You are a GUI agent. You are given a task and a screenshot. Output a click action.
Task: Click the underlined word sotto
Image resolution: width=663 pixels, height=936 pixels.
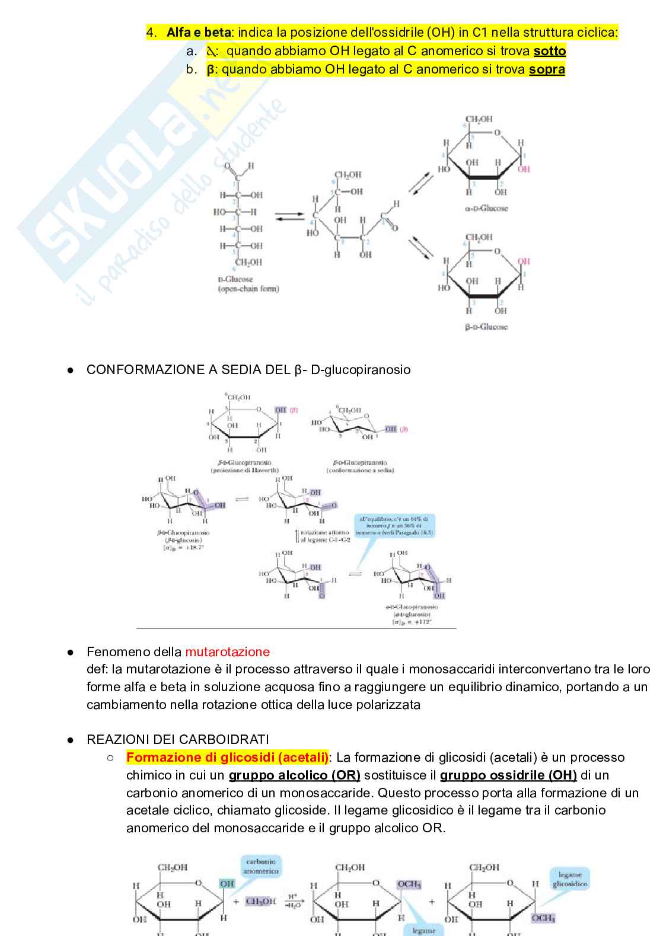point(550,51)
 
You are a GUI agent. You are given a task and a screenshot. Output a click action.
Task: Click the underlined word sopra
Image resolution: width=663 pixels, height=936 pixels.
point(547,69)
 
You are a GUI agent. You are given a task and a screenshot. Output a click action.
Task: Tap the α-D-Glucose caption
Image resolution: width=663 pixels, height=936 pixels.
point(486,209)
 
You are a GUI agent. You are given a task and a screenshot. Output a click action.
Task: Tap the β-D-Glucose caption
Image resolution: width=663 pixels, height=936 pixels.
point(486,327)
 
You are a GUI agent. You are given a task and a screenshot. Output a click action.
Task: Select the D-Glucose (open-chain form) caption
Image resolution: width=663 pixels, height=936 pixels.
point(246,284)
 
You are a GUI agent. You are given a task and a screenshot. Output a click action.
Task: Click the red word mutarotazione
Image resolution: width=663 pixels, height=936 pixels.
point(227,651)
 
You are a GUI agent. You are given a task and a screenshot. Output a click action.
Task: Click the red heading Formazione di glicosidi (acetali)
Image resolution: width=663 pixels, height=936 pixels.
point(227,757)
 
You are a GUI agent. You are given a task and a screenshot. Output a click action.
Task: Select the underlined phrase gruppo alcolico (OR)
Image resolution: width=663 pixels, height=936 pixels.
point(294,775)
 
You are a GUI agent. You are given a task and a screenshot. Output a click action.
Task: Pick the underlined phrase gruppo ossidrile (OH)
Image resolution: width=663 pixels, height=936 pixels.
point(508,775)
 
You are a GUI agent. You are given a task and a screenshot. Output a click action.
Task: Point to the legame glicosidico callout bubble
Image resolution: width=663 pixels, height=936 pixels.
point(570,879)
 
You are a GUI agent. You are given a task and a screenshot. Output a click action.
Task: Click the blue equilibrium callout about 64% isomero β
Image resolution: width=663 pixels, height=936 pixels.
point(394,525)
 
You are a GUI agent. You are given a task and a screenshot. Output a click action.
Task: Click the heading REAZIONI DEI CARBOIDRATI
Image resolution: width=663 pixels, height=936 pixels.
point(177,739)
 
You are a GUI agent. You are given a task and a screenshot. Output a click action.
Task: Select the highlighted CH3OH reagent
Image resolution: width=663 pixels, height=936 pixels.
point(260,902)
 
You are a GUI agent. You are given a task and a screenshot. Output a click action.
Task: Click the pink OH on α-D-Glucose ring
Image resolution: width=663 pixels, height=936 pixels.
point(524,169)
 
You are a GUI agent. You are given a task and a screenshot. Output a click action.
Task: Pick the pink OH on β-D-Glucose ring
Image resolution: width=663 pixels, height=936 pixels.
point(523,261)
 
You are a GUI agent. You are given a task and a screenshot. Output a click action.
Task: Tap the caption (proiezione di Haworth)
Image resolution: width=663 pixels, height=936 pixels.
point(244,470)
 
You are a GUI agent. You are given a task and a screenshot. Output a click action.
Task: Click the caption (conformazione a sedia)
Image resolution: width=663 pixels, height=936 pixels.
point(360,470)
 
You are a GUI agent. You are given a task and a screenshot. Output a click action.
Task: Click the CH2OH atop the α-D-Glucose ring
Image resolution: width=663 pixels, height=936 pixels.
point(479,119)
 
